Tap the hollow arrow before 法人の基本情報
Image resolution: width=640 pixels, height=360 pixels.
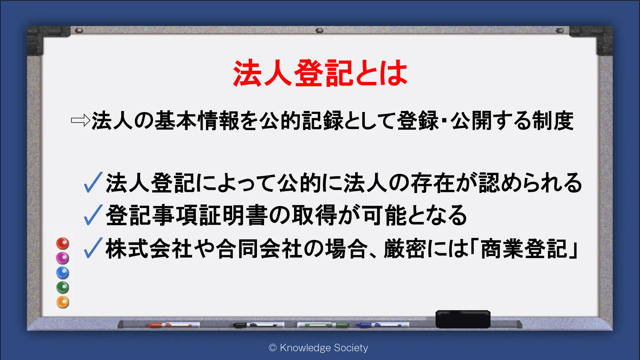point(81,121)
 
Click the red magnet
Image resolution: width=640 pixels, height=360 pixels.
point(63,244)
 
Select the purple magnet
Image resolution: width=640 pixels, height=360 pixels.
point(63,258)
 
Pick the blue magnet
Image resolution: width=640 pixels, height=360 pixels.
point(63,273)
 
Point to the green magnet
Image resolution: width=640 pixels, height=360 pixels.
point(63,287)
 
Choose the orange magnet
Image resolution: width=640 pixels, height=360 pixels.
point(63,302)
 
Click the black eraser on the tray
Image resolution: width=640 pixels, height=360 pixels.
point(463,319)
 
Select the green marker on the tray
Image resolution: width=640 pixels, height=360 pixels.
point(323,325)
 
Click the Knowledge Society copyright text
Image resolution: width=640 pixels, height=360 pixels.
point(318,348)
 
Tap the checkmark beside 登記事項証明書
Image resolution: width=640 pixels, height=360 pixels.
point(93,215)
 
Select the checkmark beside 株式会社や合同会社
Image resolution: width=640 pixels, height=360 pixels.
point(93,248)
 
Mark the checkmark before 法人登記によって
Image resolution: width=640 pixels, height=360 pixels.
point(93,182)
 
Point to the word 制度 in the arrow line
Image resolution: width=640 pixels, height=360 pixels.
point(553,121)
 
